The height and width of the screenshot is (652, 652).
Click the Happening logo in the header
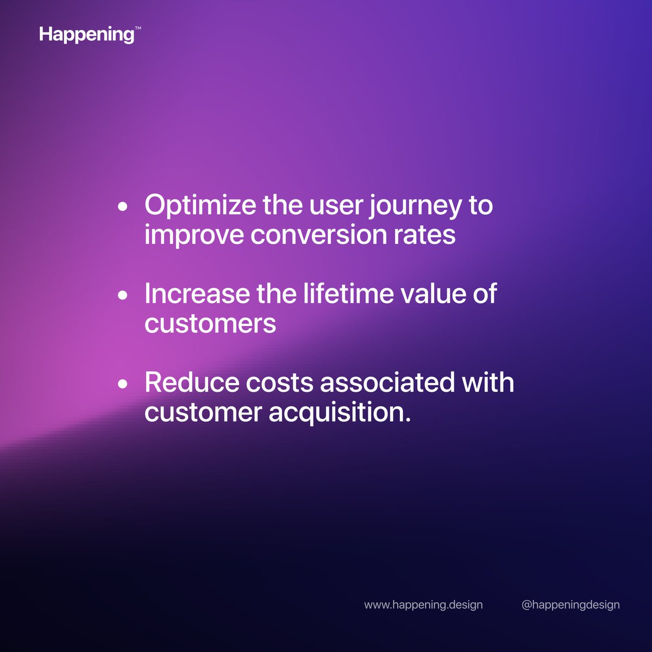[86, 35]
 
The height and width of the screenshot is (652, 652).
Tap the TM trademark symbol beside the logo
[137, 31]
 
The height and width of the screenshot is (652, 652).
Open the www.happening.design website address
[423, 605]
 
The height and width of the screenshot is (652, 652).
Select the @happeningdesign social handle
[570, 605]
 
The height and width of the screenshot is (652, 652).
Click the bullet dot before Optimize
[123, 206]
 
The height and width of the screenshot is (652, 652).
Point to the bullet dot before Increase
[123, 295]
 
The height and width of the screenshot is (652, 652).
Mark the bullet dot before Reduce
[123, 384]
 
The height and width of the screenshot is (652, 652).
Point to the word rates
[424, 235]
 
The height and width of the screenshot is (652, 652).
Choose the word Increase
[197, 294]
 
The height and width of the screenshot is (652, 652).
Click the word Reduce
[192, 383]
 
